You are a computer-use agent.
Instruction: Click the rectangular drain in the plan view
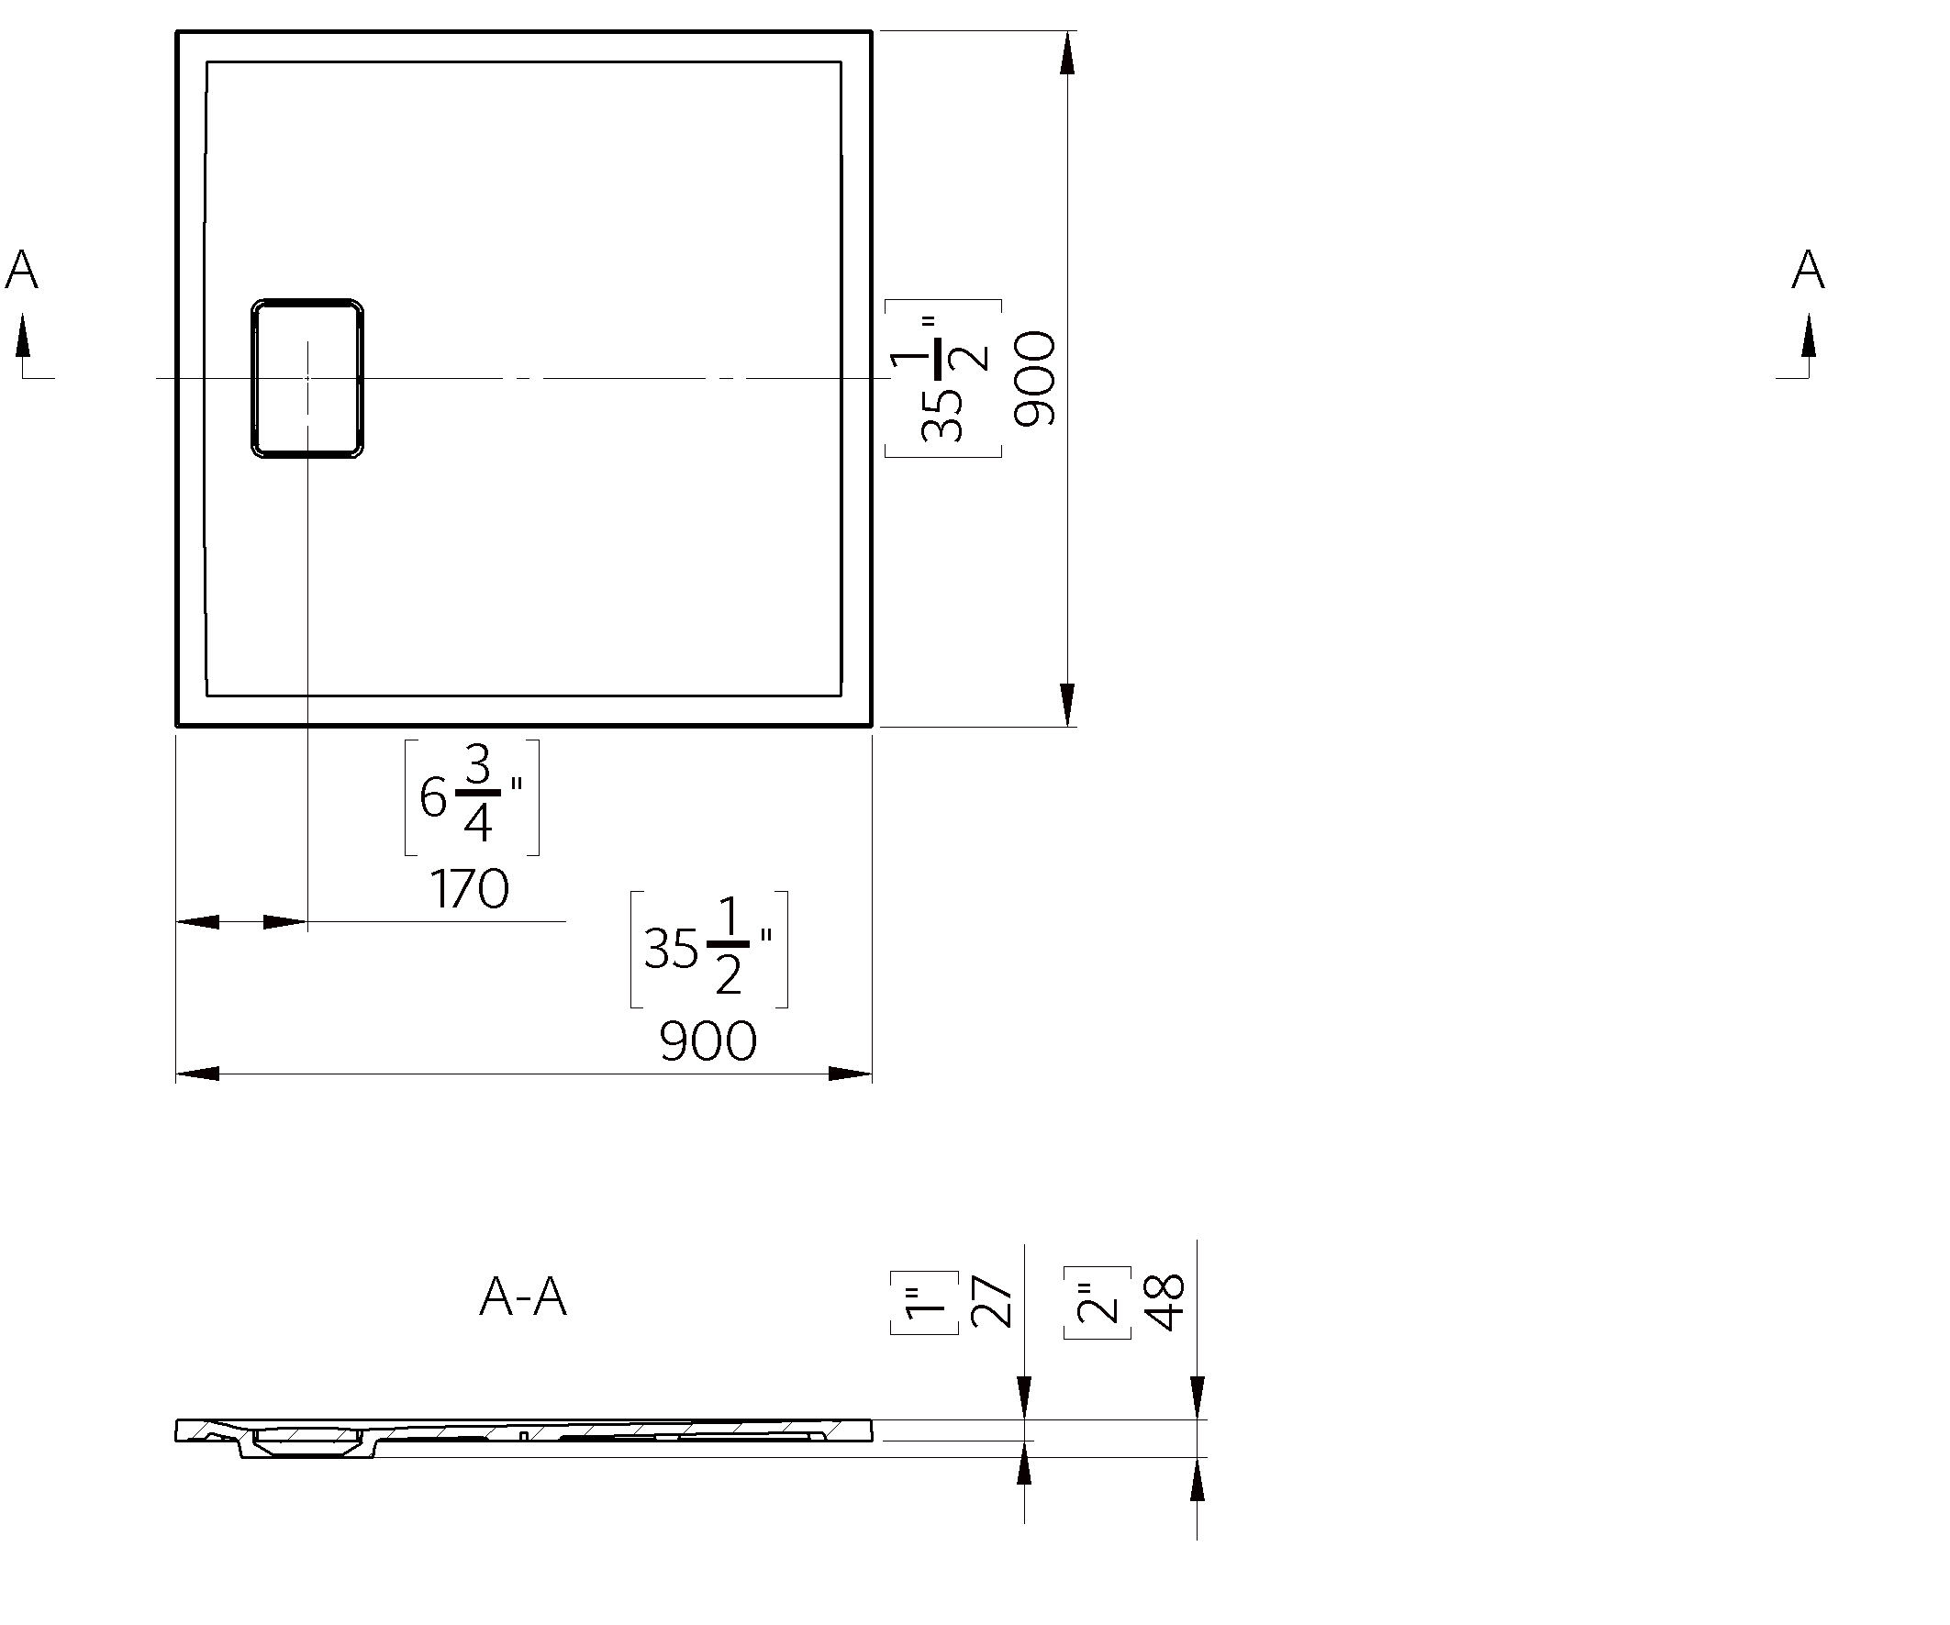click(x=307, y=379)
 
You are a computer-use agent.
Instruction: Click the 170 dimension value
click(x=470, y=888)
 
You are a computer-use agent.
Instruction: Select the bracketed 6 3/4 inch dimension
click(x=472, y=796)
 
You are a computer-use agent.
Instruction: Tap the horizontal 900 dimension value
click(x=708, y=1041)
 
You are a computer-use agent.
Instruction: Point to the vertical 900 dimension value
click(x=1035, y=379)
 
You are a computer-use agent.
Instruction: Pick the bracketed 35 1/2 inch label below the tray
click(x=708, y=948)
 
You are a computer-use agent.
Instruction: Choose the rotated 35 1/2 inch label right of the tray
click(x=943, y=379)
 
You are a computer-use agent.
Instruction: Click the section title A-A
click(x=523, y=1297)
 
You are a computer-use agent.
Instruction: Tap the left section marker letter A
click(x=21, y=270)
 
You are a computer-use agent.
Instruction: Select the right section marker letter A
click(x=1808, y=270)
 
